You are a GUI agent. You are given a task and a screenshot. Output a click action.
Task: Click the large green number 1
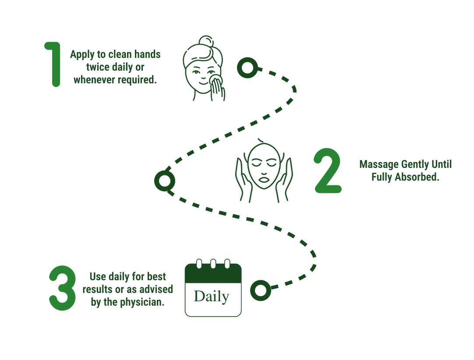click(x=54, y=64)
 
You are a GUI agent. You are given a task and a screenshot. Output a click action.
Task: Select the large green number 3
click(x=62, y=288)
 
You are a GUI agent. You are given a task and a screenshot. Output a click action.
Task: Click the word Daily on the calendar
click(x=212, y=296)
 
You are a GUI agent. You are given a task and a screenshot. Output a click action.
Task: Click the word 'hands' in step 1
click(x=147, y=54)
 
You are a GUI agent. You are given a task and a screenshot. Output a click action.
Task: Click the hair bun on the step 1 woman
click(x=206, y=42)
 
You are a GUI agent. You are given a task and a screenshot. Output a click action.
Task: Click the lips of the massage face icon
click(x=264, y=179)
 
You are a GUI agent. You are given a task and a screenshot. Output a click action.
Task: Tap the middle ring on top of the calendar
click(x=213, y=264)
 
